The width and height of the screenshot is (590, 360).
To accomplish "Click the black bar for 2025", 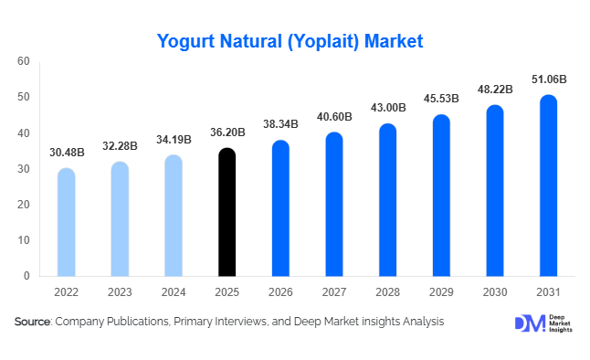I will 227,212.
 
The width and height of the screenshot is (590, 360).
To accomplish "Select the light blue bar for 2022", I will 66,222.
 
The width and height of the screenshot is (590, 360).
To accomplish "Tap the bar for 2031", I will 548,185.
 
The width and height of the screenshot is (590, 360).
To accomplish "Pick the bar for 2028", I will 387,200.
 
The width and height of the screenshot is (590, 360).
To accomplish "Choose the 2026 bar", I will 280,208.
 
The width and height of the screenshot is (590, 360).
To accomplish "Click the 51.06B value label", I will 548,80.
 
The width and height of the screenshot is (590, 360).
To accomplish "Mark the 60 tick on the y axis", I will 24,61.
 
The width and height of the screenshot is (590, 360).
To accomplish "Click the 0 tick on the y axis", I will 27,276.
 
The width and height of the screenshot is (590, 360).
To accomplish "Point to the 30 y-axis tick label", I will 24,169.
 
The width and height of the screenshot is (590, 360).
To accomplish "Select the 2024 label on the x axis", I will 173,292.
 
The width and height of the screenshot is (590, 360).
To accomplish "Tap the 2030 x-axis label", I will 494,292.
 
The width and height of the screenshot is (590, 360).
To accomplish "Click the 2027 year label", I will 333,292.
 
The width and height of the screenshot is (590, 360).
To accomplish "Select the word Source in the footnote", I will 32,322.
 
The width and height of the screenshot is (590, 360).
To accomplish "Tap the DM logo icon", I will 529,324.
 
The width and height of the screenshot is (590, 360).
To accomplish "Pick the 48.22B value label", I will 494,90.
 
